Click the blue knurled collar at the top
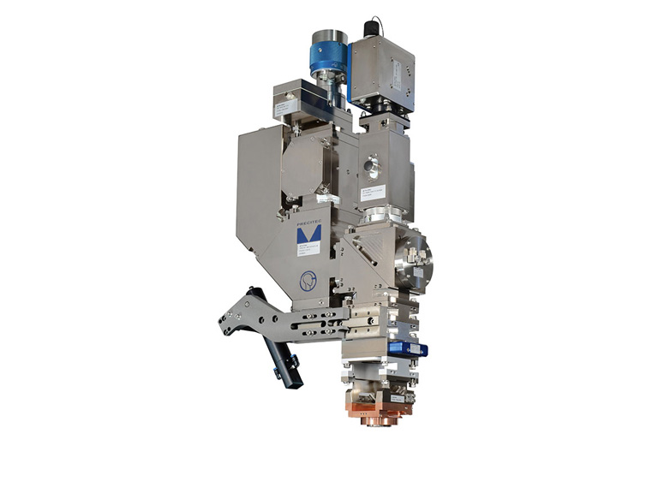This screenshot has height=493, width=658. point(329,57)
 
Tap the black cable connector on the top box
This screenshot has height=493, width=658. point(373,28)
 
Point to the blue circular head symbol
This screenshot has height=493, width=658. point(308,278)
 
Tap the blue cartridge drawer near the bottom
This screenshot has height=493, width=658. point(406,348)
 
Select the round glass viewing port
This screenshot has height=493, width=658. point(371,163)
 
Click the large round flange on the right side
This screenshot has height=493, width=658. point(415,258)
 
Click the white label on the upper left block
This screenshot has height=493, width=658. point(285,107)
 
